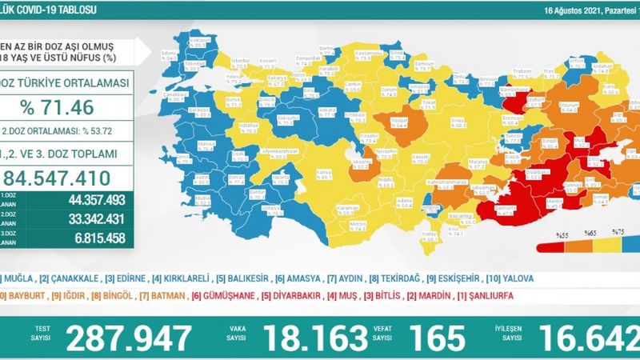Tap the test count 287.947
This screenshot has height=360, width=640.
130,338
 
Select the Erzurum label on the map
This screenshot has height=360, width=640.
547,105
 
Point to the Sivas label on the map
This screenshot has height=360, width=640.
457,121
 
